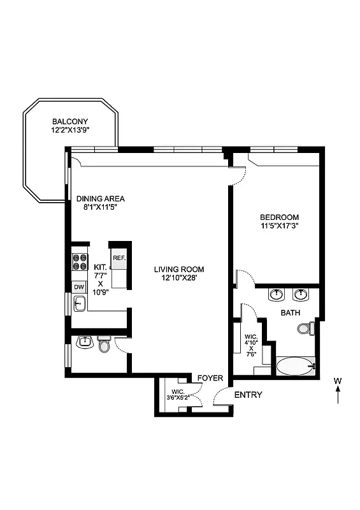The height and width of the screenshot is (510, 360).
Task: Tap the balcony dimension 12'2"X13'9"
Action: [70, 130]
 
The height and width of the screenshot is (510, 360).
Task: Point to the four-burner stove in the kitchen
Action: [79, 262]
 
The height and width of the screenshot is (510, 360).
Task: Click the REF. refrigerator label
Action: [119, 258]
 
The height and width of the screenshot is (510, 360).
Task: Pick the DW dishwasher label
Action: [79, 288]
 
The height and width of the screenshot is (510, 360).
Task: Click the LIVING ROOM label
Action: [180, 268]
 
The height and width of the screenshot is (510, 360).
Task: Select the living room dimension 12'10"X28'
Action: [180, 277]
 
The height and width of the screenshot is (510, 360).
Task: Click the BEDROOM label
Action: [279, 217]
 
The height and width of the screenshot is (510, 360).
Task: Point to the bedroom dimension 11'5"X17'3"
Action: [279, 226]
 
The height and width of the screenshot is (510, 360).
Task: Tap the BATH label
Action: [291, 313]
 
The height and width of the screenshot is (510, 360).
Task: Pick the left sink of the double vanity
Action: [277, 295]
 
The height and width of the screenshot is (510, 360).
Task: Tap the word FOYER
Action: [210, 378]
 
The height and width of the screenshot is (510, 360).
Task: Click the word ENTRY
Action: [248, 395]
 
